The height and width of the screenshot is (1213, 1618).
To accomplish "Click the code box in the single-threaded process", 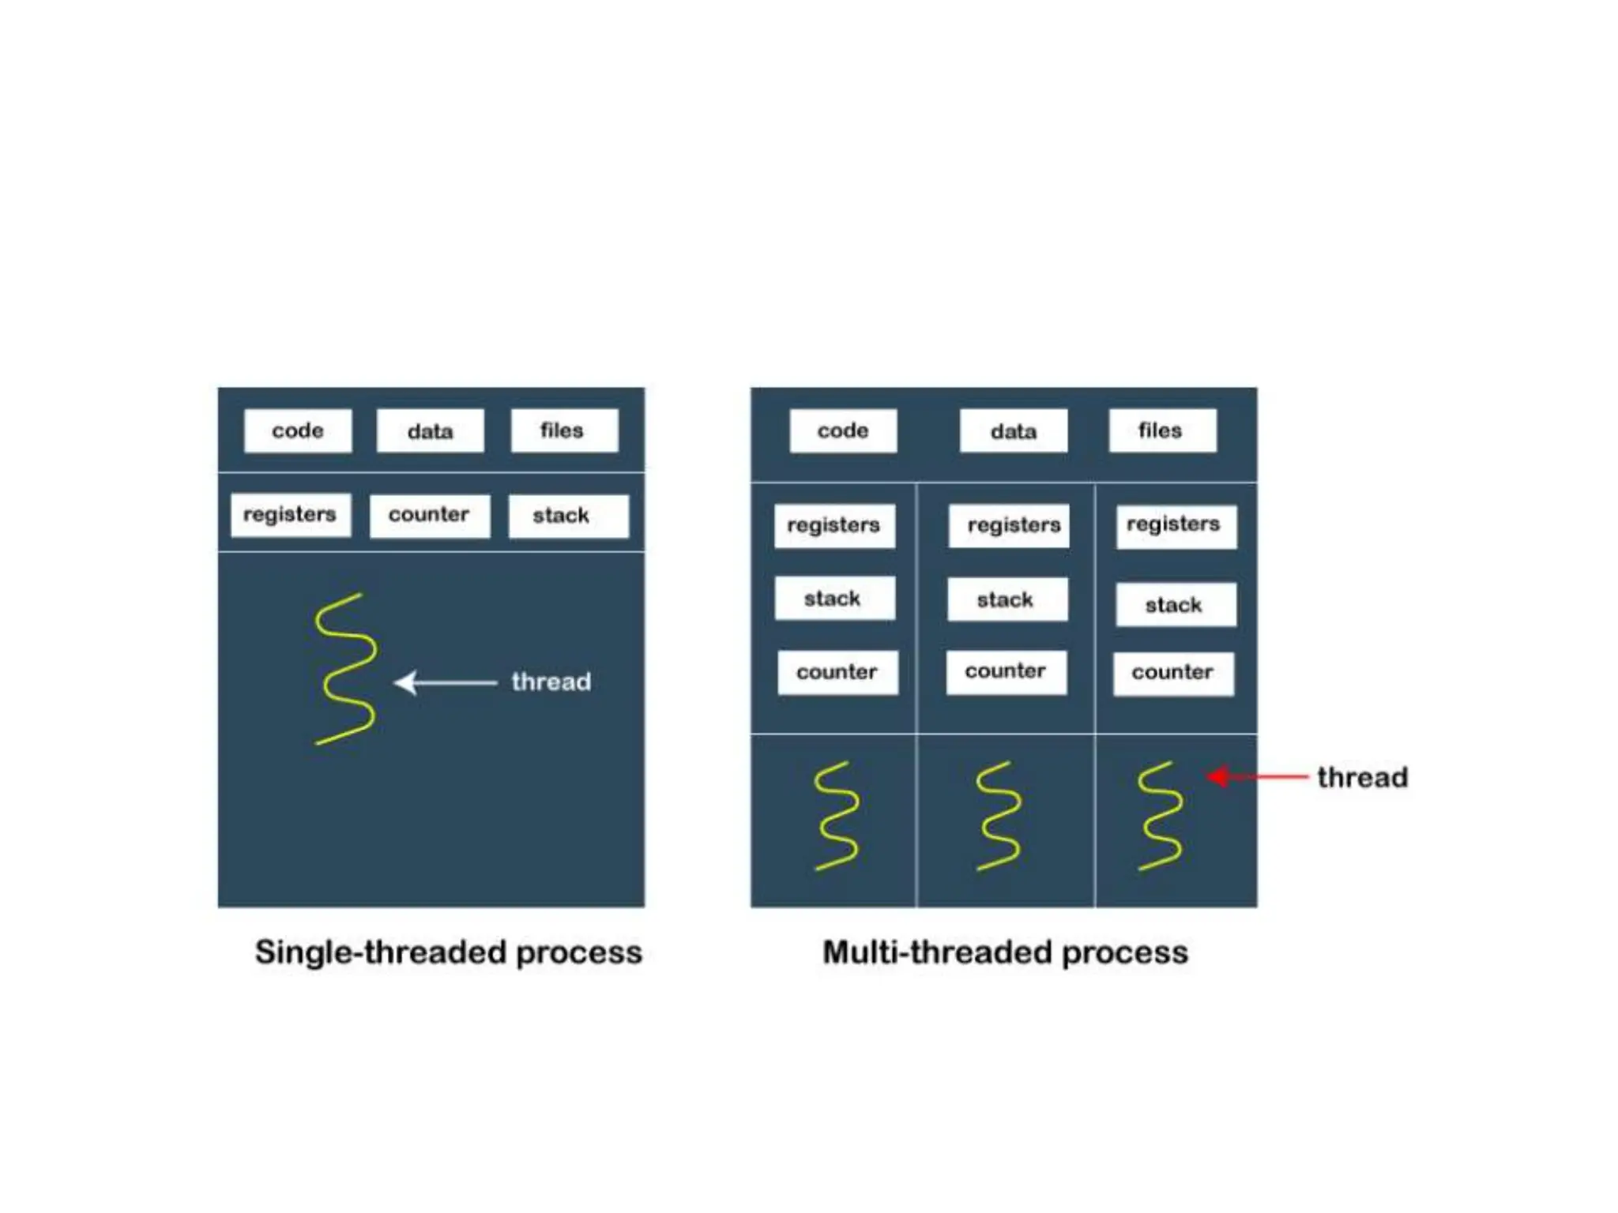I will (x=298, y=430).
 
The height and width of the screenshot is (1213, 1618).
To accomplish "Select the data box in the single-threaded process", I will (x=430, y=430).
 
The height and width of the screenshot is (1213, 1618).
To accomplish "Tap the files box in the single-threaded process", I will (x=564, y=430).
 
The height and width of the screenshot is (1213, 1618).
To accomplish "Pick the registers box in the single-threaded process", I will (x=290, y=515).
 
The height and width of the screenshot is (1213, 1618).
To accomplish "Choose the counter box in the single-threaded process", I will (x=429, y=516).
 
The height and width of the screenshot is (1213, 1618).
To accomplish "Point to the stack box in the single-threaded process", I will (x=568, y=516).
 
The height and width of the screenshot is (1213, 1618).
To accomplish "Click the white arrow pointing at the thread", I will (x=446, y=682).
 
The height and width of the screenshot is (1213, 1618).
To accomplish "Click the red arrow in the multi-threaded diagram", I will (x=1256, y=777).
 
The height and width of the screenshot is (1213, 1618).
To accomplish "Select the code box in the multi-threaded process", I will (x=843, y=430).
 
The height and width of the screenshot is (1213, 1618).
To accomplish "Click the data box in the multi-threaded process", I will (x=1013, y=430).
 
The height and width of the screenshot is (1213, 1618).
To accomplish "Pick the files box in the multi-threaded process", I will (x=1162, y=430).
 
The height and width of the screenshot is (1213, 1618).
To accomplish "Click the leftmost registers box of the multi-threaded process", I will (x=834, y=525).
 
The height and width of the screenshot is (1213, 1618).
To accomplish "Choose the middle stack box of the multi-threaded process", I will (x=1007, y=600).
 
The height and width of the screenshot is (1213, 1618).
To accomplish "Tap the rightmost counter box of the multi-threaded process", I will (x=1173, y=674).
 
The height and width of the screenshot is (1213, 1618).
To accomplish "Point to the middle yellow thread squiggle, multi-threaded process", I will (x=998, y=816).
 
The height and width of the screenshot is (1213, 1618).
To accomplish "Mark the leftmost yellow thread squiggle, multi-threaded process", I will (x=836, y=816).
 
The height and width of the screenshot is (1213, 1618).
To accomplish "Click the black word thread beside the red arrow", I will (x=1362, y=778).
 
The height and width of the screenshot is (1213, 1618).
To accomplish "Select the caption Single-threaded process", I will (x=448, y=952).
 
